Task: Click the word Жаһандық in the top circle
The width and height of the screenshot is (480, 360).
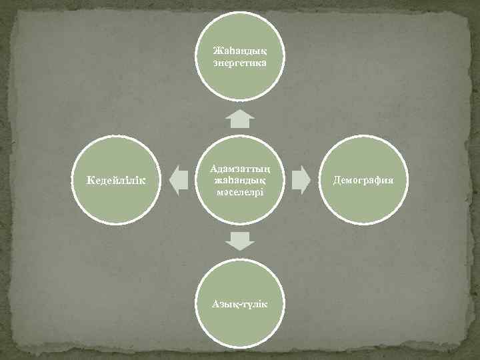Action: (x=240, y=51)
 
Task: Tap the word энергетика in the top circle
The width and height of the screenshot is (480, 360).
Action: (x=240, y=63)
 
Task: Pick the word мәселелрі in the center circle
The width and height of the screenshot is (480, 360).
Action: (x=240, y=192)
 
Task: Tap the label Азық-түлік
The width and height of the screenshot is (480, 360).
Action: (x=240, y=304)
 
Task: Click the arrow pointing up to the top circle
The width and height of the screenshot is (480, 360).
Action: (x=240, y=119)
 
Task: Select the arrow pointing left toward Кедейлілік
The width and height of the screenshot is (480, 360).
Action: (x=179, y=180)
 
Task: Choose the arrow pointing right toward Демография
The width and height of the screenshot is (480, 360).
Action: (x=301, y=180)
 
